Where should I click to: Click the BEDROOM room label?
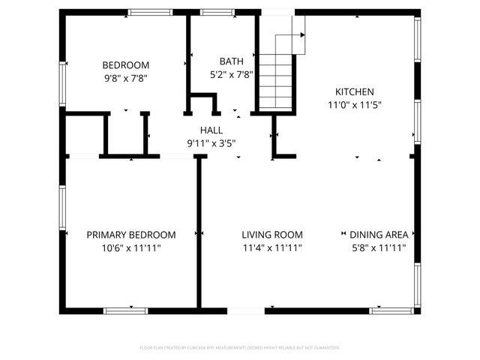pyautogui.click(x=126, y=65)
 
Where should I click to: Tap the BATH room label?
pyautogui.click(x=232, y=61)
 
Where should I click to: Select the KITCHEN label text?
pyautogui.click(x=355, y=91)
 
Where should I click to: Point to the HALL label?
pyautogui.click(x=211, y=130)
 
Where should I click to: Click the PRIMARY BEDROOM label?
pyautogui.click(x=131, y=235)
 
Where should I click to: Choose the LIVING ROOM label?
pyautogui.click(x=272, y=235)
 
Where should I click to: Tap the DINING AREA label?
pyautogui.click(x=379, y=235)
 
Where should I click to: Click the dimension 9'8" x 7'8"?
pyautogui.click(x=126, y=79)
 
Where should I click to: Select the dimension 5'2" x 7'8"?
pyautogui.click(x=232, y=75)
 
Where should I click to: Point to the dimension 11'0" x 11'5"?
pyautogui.click(x=355, y=105)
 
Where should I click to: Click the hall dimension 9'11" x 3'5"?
pyautogui.click(x=211, y=143)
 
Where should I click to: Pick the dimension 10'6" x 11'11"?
pyautogui.click(x=131, y=248)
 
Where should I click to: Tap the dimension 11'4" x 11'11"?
pyautogui.click(x=272, y=248)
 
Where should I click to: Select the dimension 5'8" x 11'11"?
pyautogui.click(x=379, y=248)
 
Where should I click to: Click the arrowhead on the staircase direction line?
pyautogui.click(x=302, y=35)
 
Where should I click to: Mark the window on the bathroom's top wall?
pyautogui.click(x=217, y=12)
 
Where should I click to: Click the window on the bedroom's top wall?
pyautogui.click(x=150, y=12)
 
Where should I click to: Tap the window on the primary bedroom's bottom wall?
pyautogui.click(x=125, y=311)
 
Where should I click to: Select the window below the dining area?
pyautogui.click(x=391, y=311)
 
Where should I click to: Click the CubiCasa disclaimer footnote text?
pyautogui.click(x=240, y=348)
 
